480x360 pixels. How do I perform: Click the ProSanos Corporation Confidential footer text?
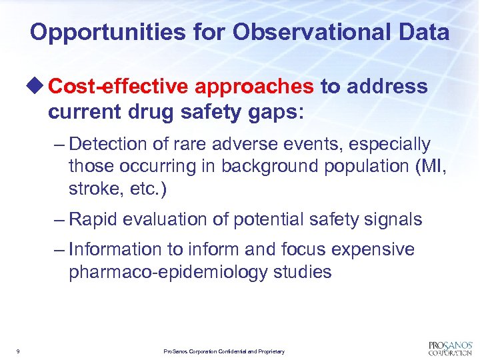(224, 351)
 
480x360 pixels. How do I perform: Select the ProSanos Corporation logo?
(449, 348)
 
